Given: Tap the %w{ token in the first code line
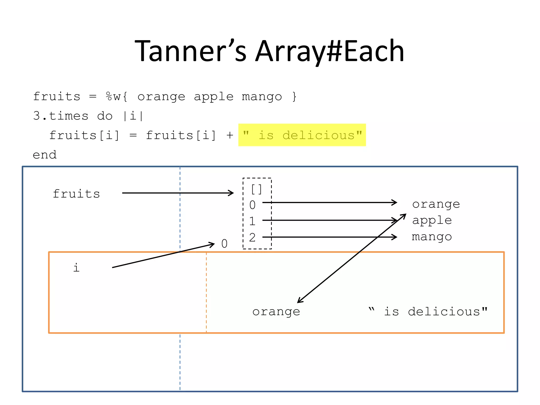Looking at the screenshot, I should [x=117, y=97].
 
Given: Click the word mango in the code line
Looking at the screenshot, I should [x=262, y=97].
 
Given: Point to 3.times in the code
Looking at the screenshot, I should [x=61, y=116].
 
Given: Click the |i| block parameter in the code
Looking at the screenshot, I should [x=133, y=116].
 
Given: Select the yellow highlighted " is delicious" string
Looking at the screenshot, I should [x=302, y=135].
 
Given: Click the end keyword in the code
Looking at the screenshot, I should [x=45, y=155].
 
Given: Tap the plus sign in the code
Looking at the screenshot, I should [x=230, y=135].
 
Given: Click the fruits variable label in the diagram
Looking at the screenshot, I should [x=76, y=194].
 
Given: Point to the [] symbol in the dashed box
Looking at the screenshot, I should [x=257, y=189].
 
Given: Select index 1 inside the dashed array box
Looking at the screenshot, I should [x=252, y=221].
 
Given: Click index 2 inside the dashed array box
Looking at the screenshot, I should [x=252, y=238].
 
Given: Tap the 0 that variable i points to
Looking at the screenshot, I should [x=224, y=244].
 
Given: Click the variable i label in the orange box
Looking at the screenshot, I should [x=76, y=268].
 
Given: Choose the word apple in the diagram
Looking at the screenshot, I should [x=432, y=220].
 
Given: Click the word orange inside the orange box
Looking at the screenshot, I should [x=276, y=312].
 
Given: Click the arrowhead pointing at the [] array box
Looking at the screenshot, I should [x=231, y=193].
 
